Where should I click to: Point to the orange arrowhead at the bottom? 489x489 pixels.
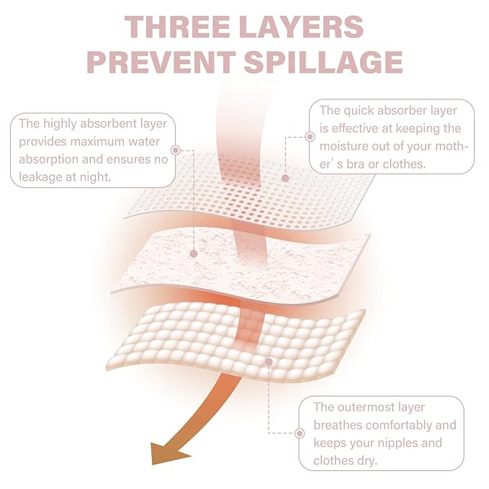click(x=169, y=453)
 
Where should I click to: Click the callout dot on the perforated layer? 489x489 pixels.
click(x=285, y=179)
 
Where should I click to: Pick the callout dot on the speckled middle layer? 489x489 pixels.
click(x=194, y=254)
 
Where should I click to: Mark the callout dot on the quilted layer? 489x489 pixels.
click(x=269, y=362)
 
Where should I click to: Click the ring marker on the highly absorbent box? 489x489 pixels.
click(x=176, y=151)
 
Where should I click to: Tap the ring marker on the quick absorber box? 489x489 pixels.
click(x=310, y=137)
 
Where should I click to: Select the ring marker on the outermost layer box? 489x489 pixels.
click(x=300, y=433)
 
